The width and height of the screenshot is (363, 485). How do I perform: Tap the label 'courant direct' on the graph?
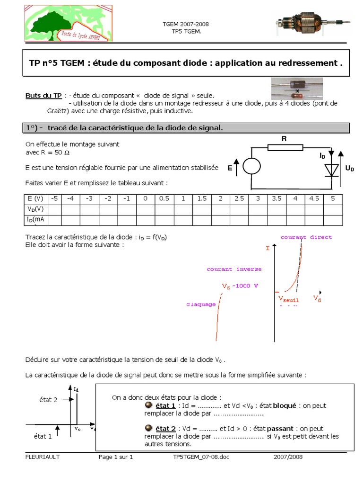(306, 237)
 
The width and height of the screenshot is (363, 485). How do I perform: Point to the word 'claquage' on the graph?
(201, 304)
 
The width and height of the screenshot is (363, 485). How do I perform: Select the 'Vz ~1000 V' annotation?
(240, 287)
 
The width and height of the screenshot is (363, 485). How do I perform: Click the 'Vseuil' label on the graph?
(288, 298)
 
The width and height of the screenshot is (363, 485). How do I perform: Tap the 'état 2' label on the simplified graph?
(48, 400)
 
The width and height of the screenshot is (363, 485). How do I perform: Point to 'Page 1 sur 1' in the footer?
(116, 457)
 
